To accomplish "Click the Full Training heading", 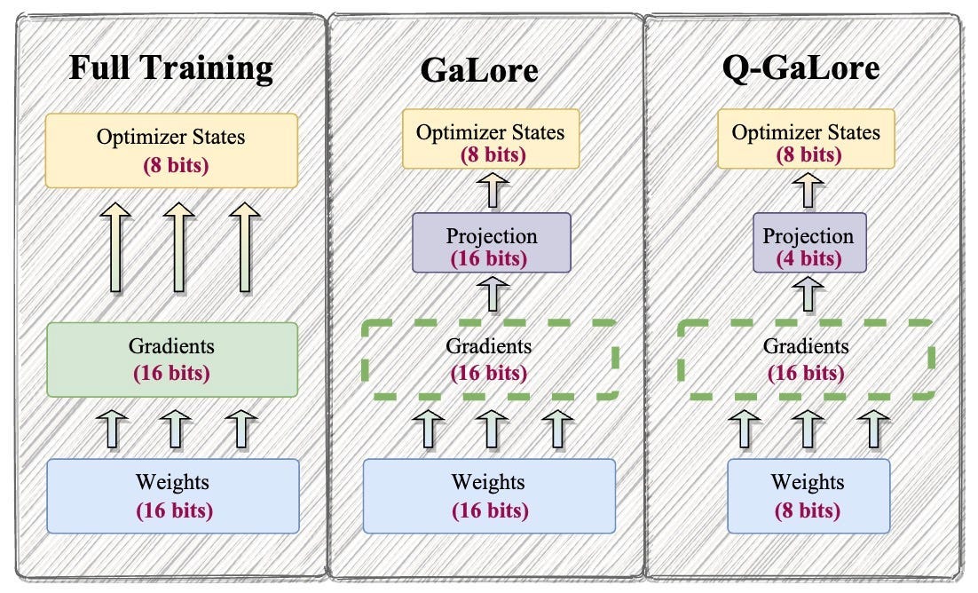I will pyautogui.click(x=172, y=68).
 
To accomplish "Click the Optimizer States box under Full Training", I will pyautogui.click(x=171, y=150).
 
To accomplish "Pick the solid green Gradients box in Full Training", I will pyautogui.click(x=171, y=359).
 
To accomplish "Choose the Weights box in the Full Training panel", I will pyautogui.click(x=173, y=495).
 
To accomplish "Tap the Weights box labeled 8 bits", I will pyautogui.click(x=808, y=495).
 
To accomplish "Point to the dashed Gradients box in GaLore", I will pyautogui.click(x=489, y=359).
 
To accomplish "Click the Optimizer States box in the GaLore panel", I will pyautogui.click(x=489, y=138).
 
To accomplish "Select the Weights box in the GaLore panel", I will pyautogui.click(x=489, y=495).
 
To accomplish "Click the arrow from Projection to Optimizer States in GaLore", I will pyautogui.click(x=490, y=190).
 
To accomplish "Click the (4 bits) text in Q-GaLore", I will pyautogui.click(x=808, y=259).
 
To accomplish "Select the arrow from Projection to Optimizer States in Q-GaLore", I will pyautogui.click(x=808, y=190).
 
